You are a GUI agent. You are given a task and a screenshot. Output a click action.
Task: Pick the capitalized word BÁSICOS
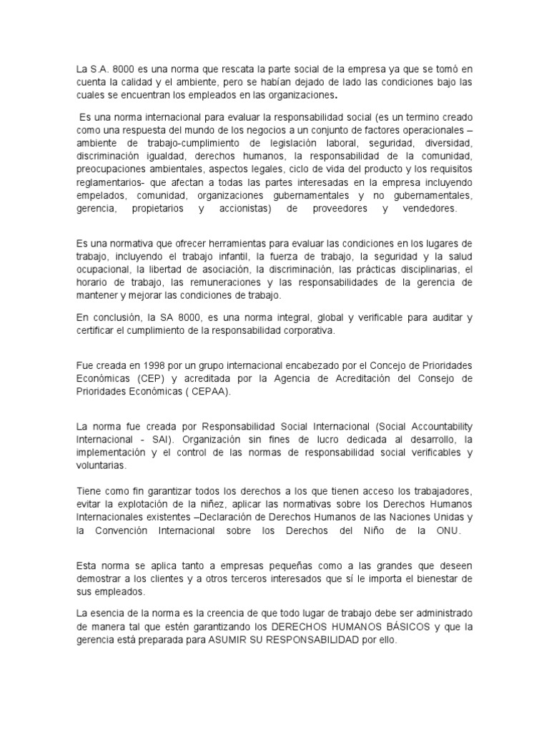(x=402, y=627)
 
